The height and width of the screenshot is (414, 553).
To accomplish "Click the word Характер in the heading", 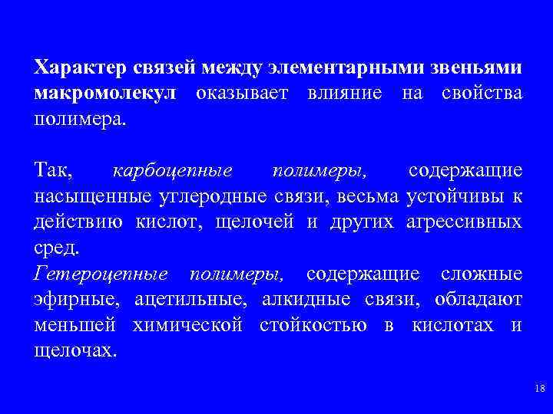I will pos(75,67).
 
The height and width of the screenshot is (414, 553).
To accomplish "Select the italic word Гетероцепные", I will pos(101,274).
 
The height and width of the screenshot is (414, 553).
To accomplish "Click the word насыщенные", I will pos(92,196).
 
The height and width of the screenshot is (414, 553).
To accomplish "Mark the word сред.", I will pos(56,248).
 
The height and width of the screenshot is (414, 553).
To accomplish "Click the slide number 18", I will pos(538,390).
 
